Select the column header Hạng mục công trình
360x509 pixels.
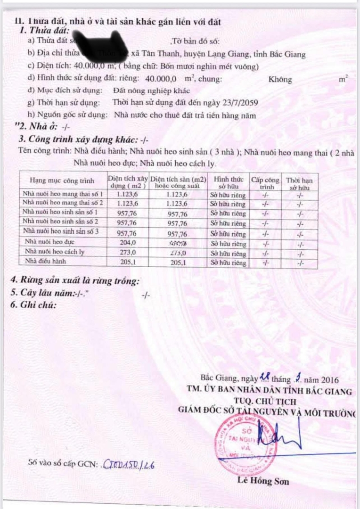(62, 181)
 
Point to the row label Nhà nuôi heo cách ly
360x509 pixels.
(55, 252)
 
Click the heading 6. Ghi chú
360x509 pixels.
(33, 304)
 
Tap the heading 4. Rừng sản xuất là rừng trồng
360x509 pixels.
(75, 281)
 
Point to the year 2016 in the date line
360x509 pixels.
(329, 379)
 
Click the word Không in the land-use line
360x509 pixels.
(280, 79)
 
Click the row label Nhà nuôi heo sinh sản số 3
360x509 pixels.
(61, 232)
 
